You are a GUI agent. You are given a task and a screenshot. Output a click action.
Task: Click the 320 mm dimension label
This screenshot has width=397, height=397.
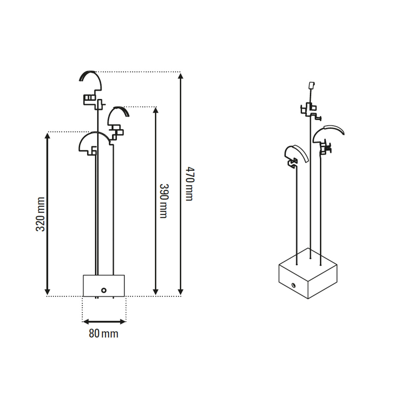tap(40, 214)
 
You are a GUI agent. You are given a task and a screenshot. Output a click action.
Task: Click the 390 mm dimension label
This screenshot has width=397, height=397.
tap(164, 201)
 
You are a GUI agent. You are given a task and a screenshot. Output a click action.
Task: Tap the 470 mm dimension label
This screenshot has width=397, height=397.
tap(190, 184)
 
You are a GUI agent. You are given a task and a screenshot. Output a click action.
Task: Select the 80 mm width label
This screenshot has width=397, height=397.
tap(104, 333)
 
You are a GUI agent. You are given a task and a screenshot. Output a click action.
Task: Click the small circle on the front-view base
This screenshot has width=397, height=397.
tap(104, 290)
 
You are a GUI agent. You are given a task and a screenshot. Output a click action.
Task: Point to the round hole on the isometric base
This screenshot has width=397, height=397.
tap(293, 285)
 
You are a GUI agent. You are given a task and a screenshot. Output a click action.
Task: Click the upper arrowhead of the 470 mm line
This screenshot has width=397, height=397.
tap(181, 76)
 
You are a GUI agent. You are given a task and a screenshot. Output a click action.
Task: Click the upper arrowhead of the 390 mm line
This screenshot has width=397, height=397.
tap(156, 110)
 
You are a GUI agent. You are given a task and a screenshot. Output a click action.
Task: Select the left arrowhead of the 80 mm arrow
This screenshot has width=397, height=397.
tap(86, 321)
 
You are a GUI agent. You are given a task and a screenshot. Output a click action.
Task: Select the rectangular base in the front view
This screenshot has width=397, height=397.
tap(104, 286)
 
